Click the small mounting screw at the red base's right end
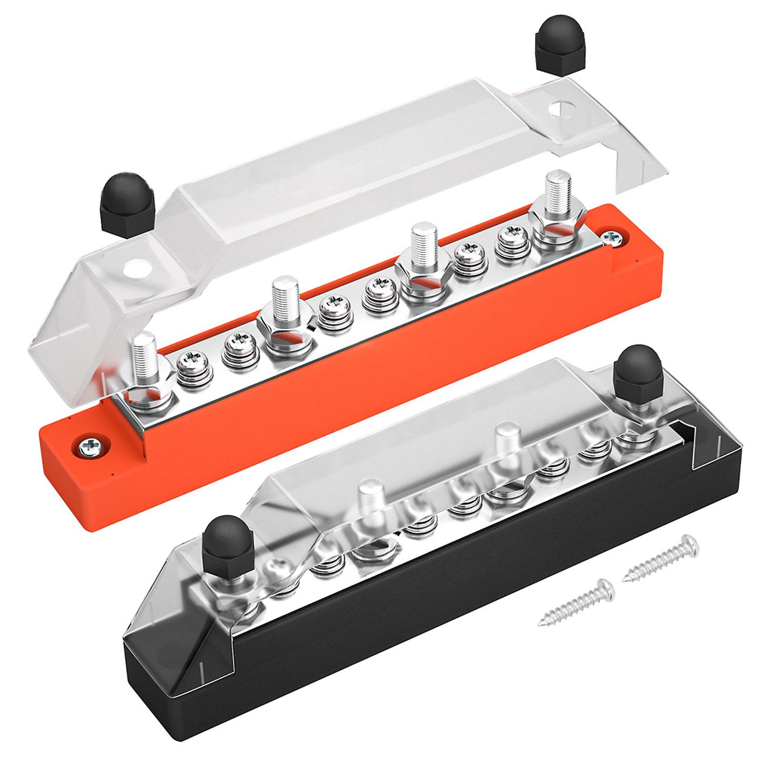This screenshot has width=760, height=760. pyautogui.click(x=613, y=239)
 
